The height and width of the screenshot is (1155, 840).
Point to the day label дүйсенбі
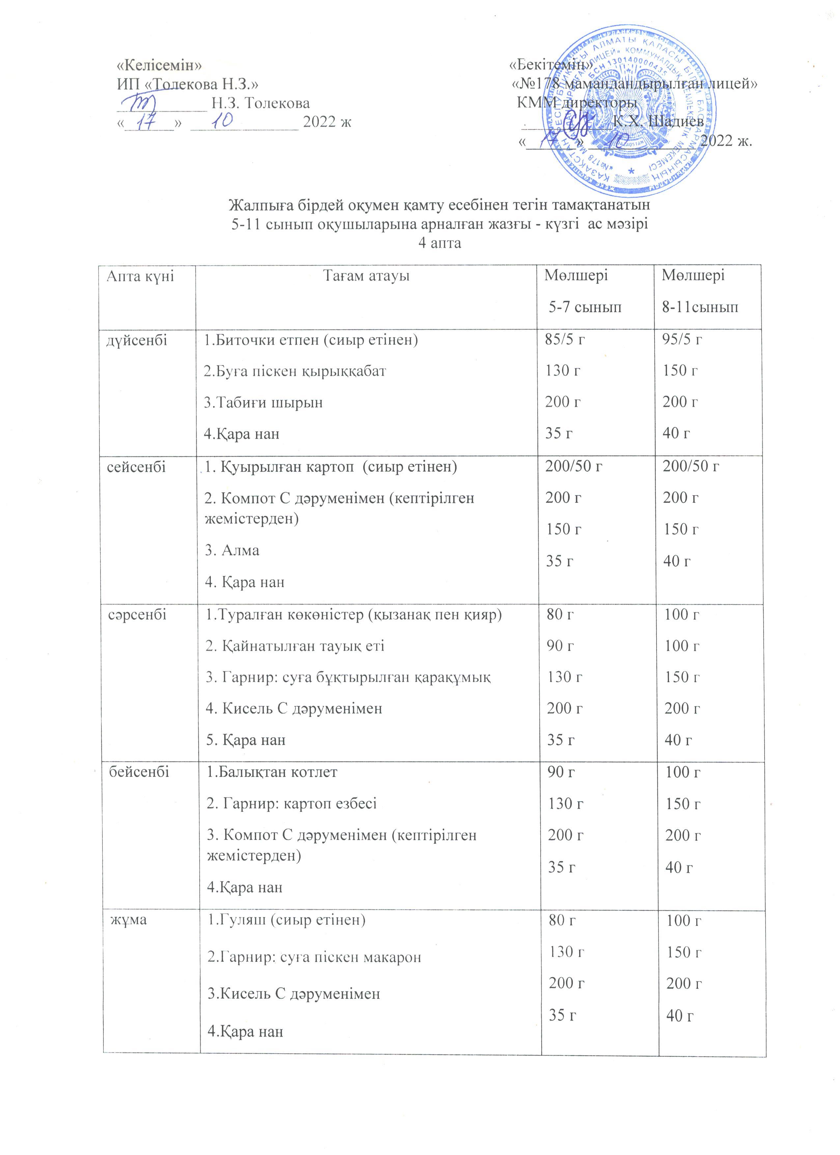[136, 340]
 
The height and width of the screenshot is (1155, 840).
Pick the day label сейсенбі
[136, 467]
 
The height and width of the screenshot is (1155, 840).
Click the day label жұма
[129, 920]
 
